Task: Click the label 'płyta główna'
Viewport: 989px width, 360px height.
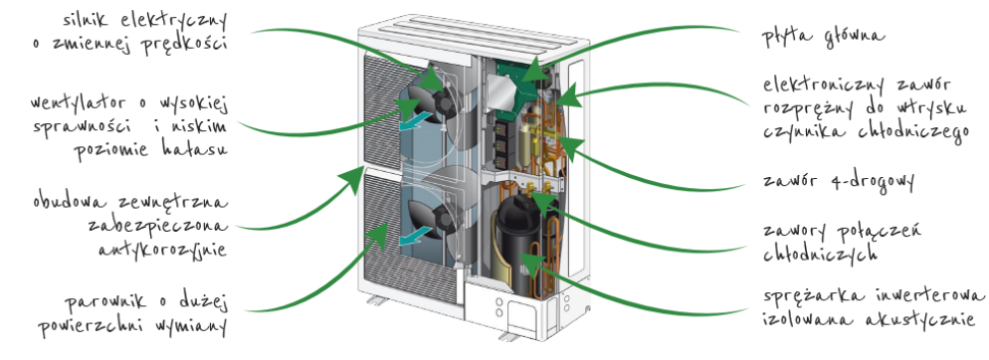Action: [x=823, y=37]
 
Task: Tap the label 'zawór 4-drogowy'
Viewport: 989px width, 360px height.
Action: [x=838, y=182]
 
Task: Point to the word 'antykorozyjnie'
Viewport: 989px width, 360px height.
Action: [x=162, y=250]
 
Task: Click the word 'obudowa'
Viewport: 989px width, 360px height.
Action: [x=69, y=203]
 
